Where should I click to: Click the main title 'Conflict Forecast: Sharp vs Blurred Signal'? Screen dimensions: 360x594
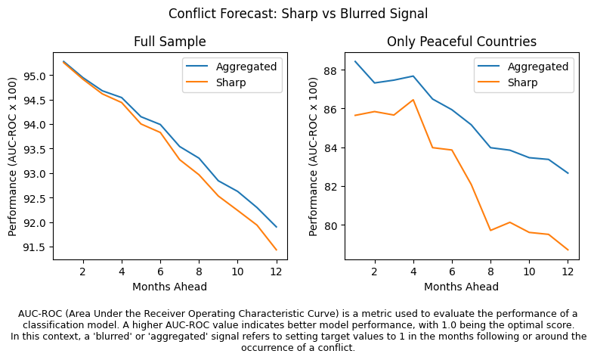click(298, 14)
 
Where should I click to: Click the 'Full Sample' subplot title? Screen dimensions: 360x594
click(170, 42)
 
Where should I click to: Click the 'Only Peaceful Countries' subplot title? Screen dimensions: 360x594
click(461, 42)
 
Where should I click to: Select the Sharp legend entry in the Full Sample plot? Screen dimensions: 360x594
click(231, 82)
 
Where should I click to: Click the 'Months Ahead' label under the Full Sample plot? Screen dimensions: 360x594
click(170, 287)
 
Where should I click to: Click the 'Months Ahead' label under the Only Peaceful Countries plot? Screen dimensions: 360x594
click(461, 287)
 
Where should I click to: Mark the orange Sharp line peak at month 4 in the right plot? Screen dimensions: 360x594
click(413, 100)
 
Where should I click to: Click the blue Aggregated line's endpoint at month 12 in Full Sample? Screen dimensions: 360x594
click(276, 227)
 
